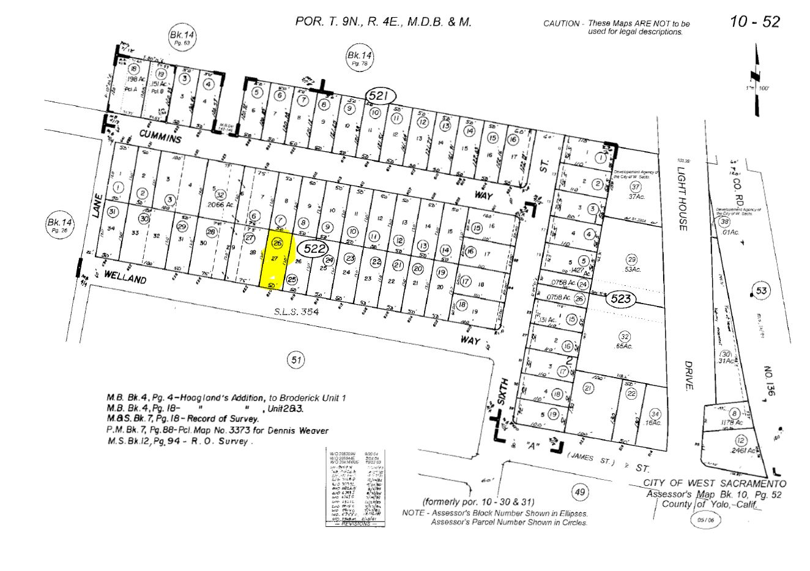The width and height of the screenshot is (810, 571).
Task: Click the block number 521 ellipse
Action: pyautogui.click(x=381, y=95)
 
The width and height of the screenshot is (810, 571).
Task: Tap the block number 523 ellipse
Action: pyautogui.click(x=621, y=300)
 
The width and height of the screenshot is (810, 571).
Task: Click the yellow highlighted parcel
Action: pyautogui.click(x=275, y=261)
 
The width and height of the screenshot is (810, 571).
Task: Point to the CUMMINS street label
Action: pyautogui.click(x=160, y=136)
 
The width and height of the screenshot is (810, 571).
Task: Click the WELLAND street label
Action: pyautogui.click(x=125, y=277)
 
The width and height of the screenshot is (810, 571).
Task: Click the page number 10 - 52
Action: pyautogui.click(x=754, y=21)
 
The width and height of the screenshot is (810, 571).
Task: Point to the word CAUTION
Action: pyautogui.click(x=561, y=24)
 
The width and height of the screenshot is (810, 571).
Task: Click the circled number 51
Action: pyautogui.click(x=295, y=360)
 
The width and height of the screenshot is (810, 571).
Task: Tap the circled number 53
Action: pyautogui.click(x=760, y=291)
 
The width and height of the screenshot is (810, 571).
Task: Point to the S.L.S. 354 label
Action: pyautogui.click(x=298, y=312)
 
